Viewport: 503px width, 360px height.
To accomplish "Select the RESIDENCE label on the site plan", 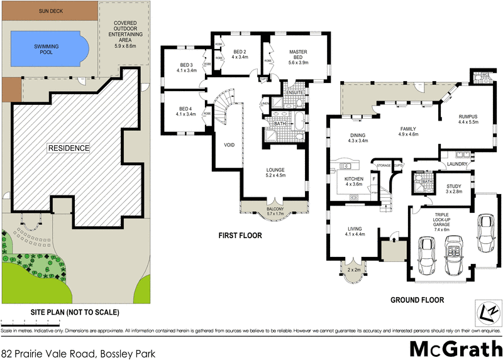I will [69, 148].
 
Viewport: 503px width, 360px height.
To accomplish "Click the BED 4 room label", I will [186, 111].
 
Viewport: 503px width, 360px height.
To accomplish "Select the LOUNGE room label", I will [275, 172].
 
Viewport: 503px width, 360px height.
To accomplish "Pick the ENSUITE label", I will [294, 93].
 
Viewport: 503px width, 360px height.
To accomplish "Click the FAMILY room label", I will [409, 131].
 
